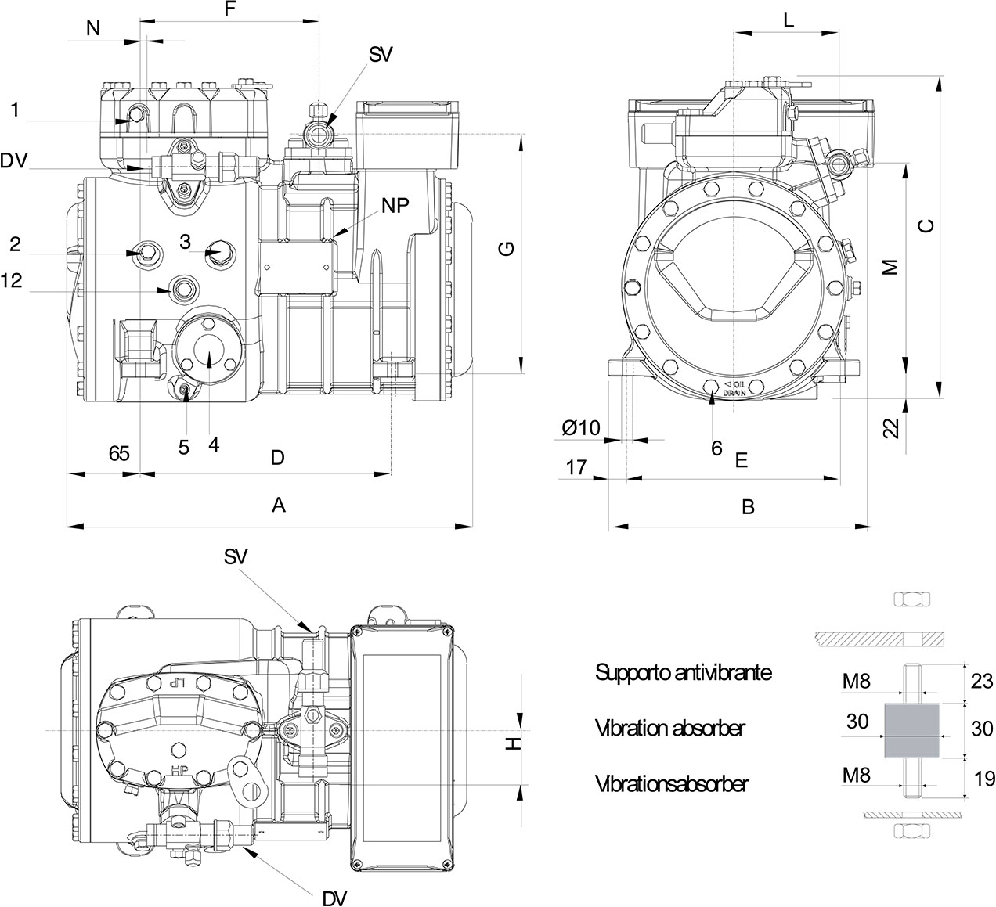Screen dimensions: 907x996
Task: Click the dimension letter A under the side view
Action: pos(278,506)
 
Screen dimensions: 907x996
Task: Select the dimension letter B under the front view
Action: pos(748,507)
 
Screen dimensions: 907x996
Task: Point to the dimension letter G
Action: pos(507,249)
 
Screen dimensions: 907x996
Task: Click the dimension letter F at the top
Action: pos(229,10)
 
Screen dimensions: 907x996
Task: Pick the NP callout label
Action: pos(395,205)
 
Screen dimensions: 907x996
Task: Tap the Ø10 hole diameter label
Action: pos(581,427)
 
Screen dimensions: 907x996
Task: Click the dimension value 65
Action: pos(119,455)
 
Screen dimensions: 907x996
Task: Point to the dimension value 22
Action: pos(890,427)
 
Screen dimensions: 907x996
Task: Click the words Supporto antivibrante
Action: pos(684,672)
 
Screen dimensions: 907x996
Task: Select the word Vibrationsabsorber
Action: pos(671,783)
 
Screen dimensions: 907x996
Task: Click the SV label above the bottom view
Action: pos(236,556)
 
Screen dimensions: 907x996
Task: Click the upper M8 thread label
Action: pos(857,682)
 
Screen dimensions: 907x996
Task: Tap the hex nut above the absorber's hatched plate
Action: pos(911,600)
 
